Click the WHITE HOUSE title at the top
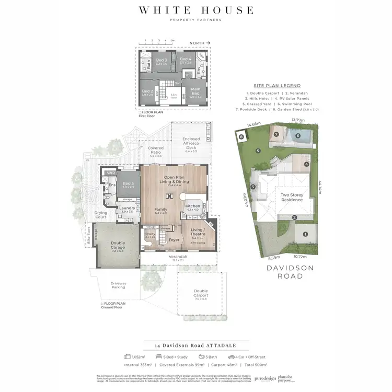coord(195,10)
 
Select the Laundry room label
coord(127,209)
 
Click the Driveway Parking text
coord(118,285)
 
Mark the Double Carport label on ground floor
coord(200,293)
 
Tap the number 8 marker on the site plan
coord(241,137)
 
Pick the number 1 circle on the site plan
coord(305,234)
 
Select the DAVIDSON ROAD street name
coord(284,271)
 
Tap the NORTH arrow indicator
coord(201,44)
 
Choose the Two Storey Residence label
coord(292,197)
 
